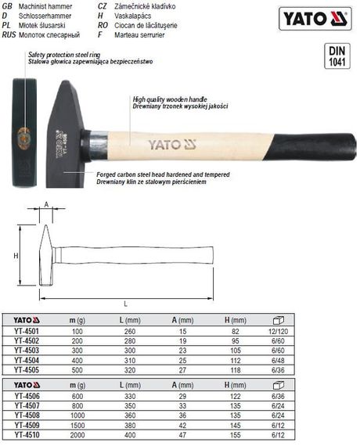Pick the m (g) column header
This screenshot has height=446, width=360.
[x=76, y=321]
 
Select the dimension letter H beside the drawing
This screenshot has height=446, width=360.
[x=16, y=255]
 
